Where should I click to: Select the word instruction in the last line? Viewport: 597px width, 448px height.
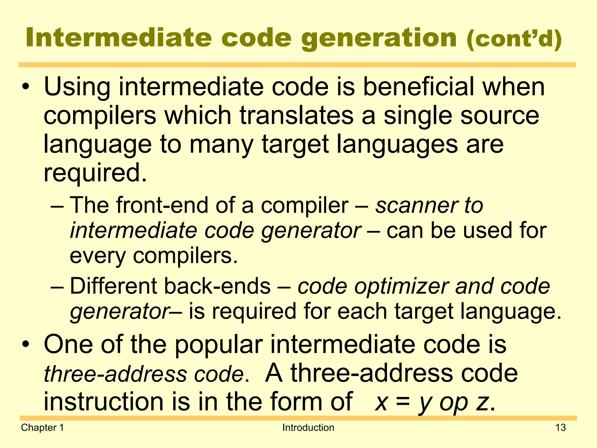pos(103,402)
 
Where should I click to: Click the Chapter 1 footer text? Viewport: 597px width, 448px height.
pos(42,428)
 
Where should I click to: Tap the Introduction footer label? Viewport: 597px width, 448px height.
pos(308,428)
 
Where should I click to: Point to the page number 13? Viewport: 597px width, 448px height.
pos(561,428)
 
